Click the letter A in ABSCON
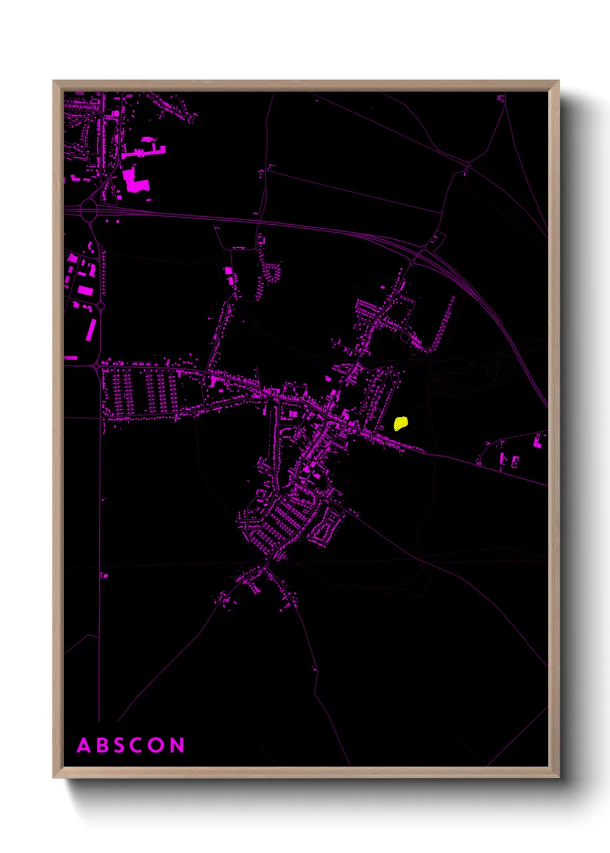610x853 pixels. click(x=84, y=745)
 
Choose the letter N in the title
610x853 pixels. click(x=178, y=745)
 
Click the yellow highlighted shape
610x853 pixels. click(x=401, y=424)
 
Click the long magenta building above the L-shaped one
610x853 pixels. click(x=144, y=152)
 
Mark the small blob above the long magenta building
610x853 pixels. click(x=148, y=139)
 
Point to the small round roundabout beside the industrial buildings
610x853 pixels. click(x=100, y=306)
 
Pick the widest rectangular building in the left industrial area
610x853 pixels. click(x=85, y=290)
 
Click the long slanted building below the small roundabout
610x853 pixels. click(x=91, y=330)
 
